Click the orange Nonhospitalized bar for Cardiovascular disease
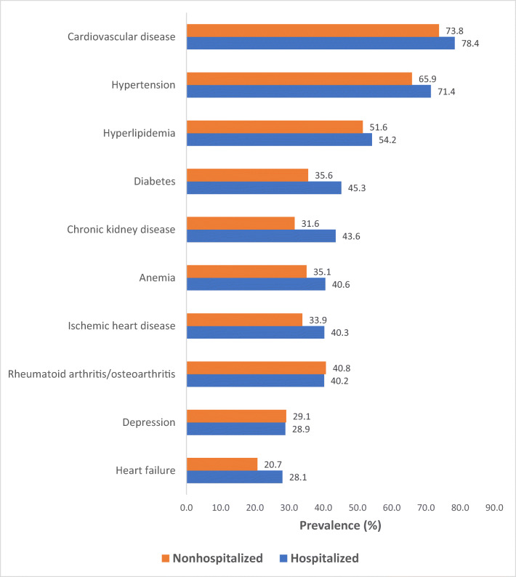pos(313,31)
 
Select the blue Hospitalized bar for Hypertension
pos(308,92)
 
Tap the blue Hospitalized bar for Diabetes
pos(264,187)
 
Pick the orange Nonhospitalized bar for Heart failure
pos(222,464)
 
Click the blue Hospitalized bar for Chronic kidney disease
pos(261,235)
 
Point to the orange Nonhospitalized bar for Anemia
pos(246,271)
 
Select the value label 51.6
pos(377,126)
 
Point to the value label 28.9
pos(299,429)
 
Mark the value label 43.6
pos(350,235)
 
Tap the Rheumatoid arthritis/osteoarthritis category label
pos(92,374)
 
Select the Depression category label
pos(149,422)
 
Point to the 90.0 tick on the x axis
pos(495,507)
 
